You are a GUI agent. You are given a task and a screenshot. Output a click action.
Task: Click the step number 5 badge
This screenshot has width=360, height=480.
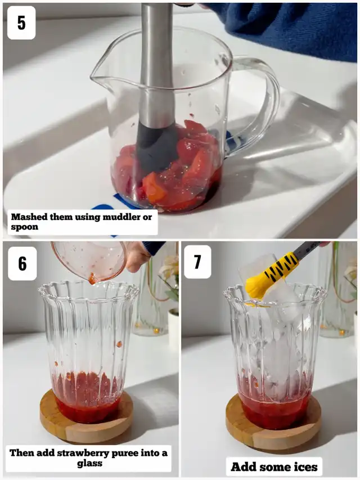coord(21,23)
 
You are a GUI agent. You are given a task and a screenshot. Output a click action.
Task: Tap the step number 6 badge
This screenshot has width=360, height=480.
coord(22,263)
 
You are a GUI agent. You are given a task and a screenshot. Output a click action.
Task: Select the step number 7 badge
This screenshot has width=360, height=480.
coord(197,262)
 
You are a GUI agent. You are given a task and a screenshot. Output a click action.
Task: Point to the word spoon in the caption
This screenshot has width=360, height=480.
coord(25,227)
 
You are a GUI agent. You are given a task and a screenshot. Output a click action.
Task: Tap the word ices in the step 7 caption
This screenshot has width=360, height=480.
coord(305,467)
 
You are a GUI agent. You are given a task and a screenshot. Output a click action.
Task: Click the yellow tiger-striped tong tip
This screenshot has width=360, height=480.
coord(269,276)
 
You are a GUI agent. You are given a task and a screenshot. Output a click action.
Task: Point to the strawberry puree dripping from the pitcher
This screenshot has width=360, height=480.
coord(92,279)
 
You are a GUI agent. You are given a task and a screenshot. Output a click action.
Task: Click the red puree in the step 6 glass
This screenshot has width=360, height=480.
coord(87,398)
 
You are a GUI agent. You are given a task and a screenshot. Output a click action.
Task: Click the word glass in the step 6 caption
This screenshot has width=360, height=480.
coord(89,464)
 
